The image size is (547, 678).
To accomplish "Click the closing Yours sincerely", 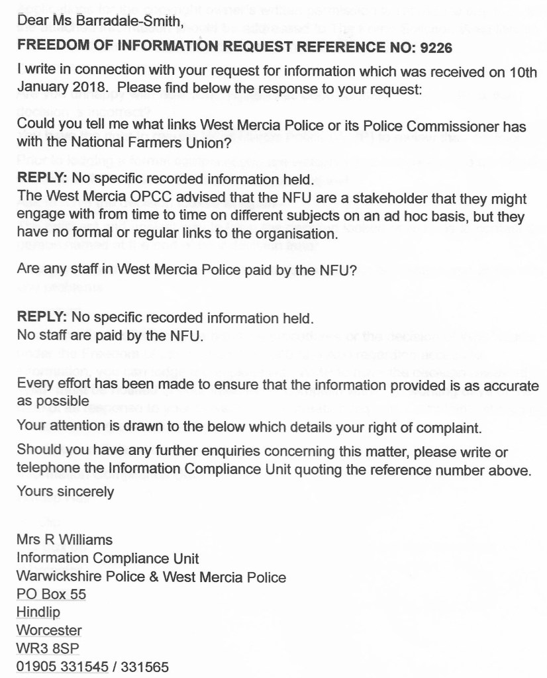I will coord(65,492).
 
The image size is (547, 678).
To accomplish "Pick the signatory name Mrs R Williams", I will coord(64,540).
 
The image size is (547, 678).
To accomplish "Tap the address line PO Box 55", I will coord(51,595).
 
